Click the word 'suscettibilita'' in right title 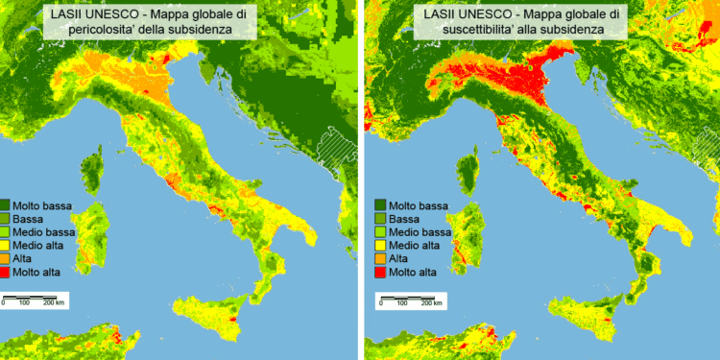click(x=459, y=30)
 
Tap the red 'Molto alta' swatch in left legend click(x=6, y=274)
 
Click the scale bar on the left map click(x=34, y=297)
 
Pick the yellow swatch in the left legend click(x=6, y=247)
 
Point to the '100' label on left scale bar click(x=24, y=303)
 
